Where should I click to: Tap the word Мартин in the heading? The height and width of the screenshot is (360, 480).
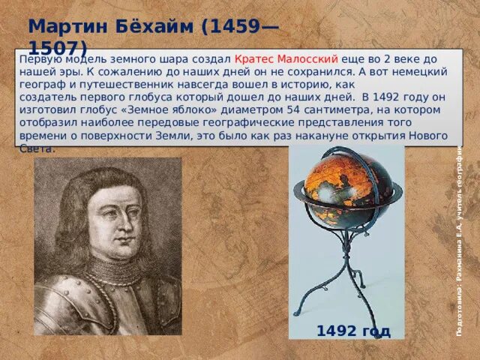coord(62,25)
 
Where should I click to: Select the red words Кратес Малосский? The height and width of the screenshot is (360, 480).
coord(287,58)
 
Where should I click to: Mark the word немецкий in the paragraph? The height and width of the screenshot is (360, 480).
coord(423,71)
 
